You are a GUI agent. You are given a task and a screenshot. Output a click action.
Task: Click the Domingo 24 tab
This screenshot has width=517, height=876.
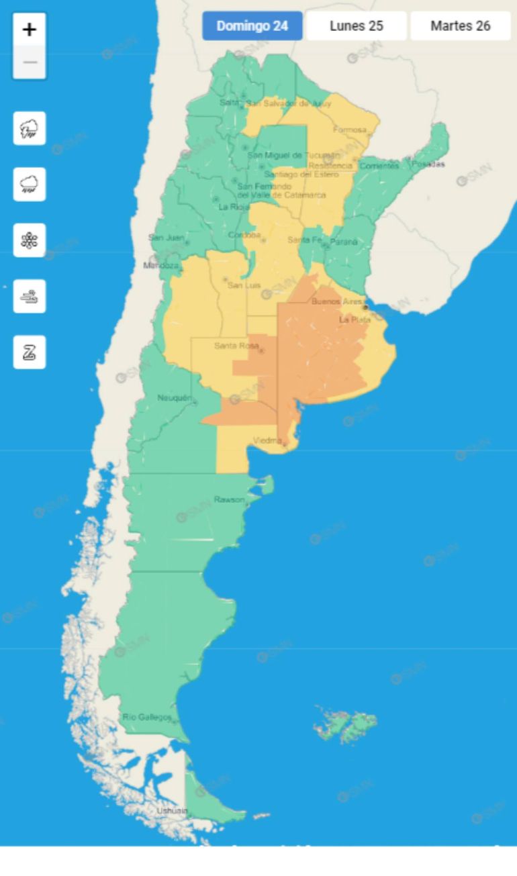click(252, 26)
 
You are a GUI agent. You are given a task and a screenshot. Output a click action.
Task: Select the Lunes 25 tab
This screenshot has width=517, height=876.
click(357, 26)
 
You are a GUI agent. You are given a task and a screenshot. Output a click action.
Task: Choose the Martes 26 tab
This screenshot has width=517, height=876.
click(461, 26)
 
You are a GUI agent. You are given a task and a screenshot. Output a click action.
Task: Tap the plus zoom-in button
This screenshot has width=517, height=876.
click(30, 30)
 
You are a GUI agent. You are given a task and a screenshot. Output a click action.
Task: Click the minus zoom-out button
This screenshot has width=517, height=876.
click(30, 62)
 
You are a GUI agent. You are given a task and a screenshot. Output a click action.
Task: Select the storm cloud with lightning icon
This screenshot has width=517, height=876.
click(30, 128)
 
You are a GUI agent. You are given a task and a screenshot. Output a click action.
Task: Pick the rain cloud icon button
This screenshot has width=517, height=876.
click(30, 185)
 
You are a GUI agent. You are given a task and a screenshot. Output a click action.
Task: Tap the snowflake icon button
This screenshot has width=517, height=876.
click(30, 240)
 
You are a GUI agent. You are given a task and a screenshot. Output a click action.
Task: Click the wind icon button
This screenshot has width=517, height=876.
click(30, 296)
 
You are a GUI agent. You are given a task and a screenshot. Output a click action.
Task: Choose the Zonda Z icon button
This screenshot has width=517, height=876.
click(30, 352)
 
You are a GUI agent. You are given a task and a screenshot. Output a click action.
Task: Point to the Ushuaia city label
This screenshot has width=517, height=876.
click(172, 811)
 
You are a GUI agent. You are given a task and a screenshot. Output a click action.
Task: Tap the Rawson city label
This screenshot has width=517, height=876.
click(229, 499)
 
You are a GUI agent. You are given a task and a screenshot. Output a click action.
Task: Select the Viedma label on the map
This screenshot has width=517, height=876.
click(267, 440)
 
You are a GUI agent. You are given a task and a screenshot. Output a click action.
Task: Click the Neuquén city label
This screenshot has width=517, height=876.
click(174, 398)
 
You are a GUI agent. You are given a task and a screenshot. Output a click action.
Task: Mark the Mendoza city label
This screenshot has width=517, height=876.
click(161, 265)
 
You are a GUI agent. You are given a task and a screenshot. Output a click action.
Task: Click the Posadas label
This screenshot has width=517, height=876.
click(428, 164)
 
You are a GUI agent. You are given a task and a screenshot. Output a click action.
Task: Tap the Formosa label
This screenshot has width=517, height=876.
click(350, 130)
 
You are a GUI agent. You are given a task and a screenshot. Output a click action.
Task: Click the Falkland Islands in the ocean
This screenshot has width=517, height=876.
click(346, 724)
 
